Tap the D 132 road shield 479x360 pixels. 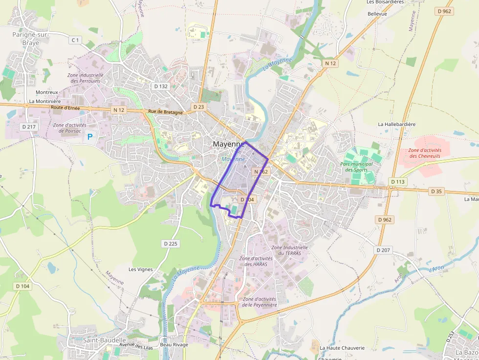161,86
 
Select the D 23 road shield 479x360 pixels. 198,106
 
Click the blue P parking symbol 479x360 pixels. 90,137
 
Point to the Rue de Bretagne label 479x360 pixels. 165,112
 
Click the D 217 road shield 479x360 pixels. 29,127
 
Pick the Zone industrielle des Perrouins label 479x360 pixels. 85,78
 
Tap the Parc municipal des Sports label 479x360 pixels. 357,167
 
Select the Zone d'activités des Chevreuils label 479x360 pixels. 425,153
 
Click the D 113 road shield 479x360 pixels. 398,182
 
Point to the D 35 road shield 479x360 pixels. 437,191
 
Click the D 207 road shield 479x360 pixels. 384,250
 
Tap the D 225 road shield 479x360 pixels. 170,243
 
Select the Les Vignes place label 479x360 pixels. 141,269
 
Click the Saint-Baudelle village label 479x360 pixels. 105,339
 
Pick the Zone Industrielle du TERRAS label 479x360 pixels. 290,251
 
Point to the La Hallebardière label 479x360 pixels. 396,124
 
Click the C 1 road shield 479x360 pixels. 75,40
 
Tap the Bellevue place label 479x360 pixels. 377,14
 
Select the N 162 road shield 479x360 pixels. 261,172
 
